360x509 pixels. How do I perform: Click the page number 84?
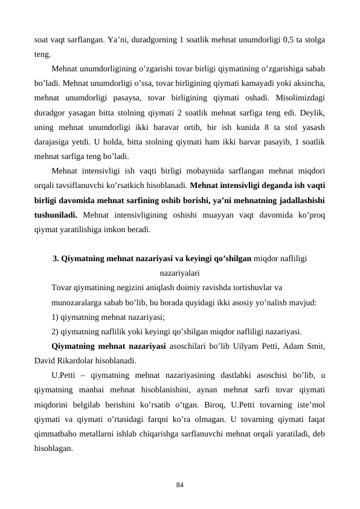[x=180, y=484]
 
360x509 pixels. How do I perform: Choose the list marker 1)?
[x=56, y=316]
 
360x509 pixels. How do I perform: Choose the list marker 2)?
[x=56, y=331]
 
